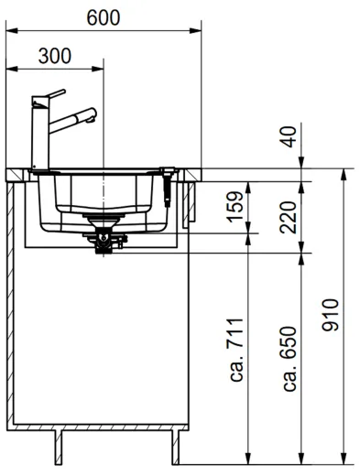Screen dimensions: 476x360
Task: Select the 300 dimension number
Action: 56,55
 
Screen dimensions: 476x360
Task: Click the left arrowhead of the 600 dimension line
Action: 10,31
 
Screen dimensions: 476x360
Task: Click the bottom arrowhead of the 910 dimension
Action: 343,458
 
